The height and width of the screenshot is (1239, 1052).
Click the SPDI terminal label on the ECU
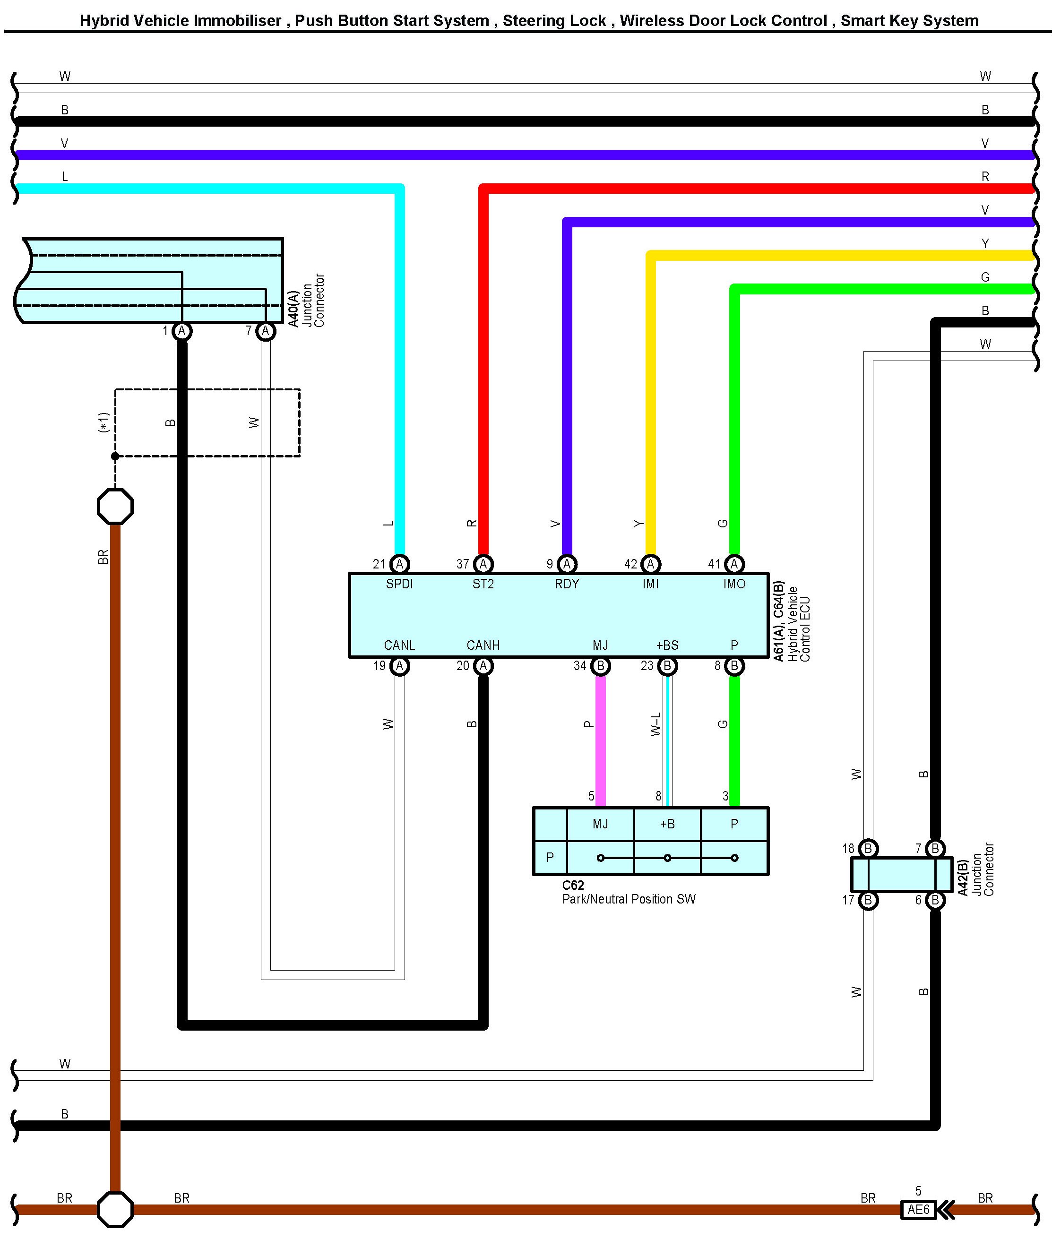[x=399, y=584]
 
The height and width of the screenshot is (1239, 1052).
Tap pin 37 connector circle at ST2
[x=483, y=563]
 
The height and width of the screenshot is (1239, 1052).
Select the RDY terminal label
[x=567, y=584]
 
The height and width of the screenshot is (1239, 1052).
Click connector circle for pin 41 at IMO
[x=734, y=563]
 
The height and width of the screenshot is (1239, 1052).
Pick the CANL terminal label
[x=399, y=645]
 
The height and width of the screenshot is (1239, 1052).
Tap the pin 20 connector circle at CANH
[x=483, y=665]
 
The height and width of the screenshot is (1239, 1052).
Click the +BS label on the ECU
[x=667, y=645]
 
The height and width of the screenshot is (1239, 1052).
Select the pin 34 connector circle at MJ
[x=600, y=665]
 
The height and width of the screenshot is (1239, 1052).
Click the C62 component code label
[x=572, y=886]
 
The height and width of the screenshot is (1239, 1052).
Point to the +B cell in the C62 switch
[x=667, y=824]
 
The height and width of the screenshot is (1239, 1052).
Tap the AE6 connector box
[x=918, y=1209]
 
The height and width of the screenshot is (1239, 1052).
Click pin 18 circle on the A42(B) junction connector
[x=868, y=848]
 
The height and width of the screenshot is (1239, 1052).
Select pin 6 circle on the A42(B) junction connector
[x=934, y=900]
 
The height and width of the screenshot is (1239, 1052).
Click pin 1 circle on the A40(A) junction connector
[x=182, y=331]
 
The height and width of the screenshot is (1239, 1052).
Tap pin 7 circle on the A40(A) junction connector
[x=266, y=331]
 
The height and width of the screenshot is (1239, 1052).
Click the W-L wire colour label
[x=655, y=724]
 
